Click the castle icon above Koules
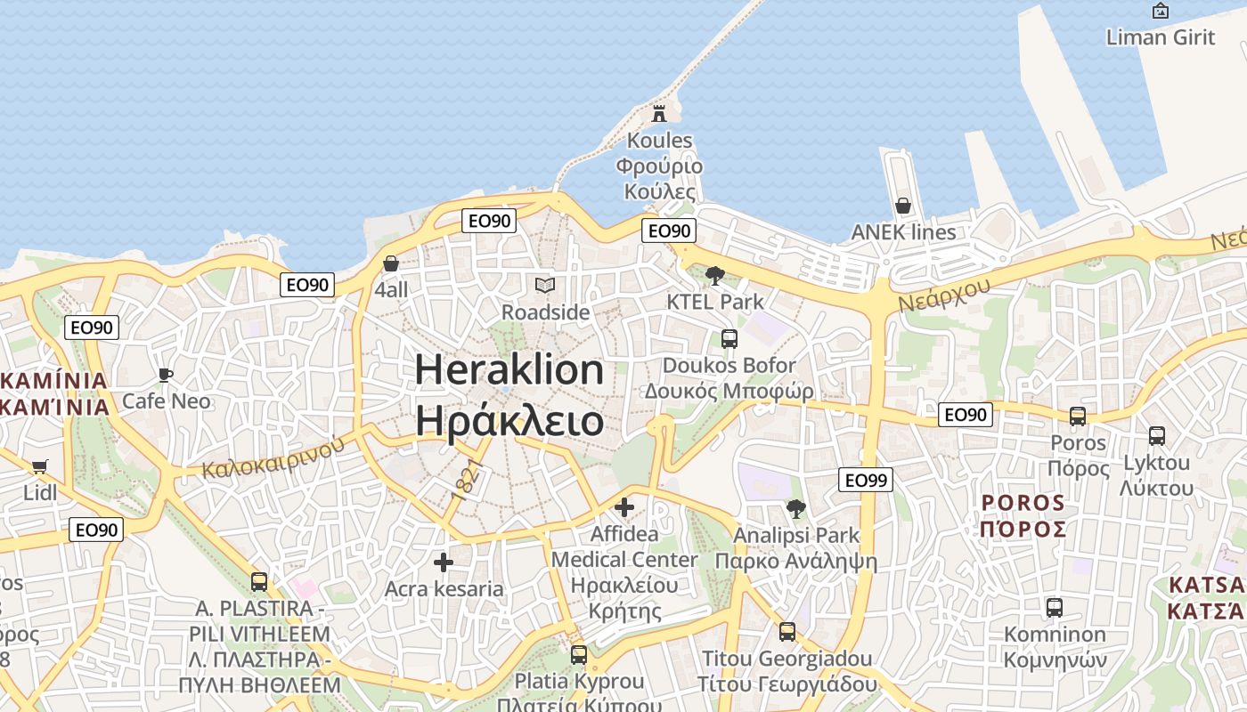point(659,113)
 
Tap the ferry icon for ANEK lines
point(903,206)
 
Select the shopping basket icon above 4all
point(390,263)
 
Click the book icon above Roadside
point(544,285)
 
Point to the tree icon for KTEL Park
point(714,275)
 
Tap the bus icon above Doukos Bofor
point(729,338)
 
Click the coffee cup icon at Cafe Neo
point(165,375)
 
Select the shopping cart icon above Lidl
point(39,466)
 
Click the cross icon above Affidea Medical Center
point(624,507)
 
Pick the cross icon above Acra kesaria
point(443,562)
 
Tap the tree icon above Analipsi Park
point(795,509)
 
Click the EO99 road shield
point(865,481)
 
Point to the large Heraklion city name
point(509,369)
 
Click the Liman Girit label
point(1160,36)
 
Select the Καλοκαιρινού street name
point(273,457)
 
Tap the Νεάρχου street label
point(944,294)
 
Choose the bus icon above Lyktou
point(1156,436)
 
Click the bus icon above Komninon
point(1055,608)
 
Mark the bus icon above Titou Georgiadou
point(787,632)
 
